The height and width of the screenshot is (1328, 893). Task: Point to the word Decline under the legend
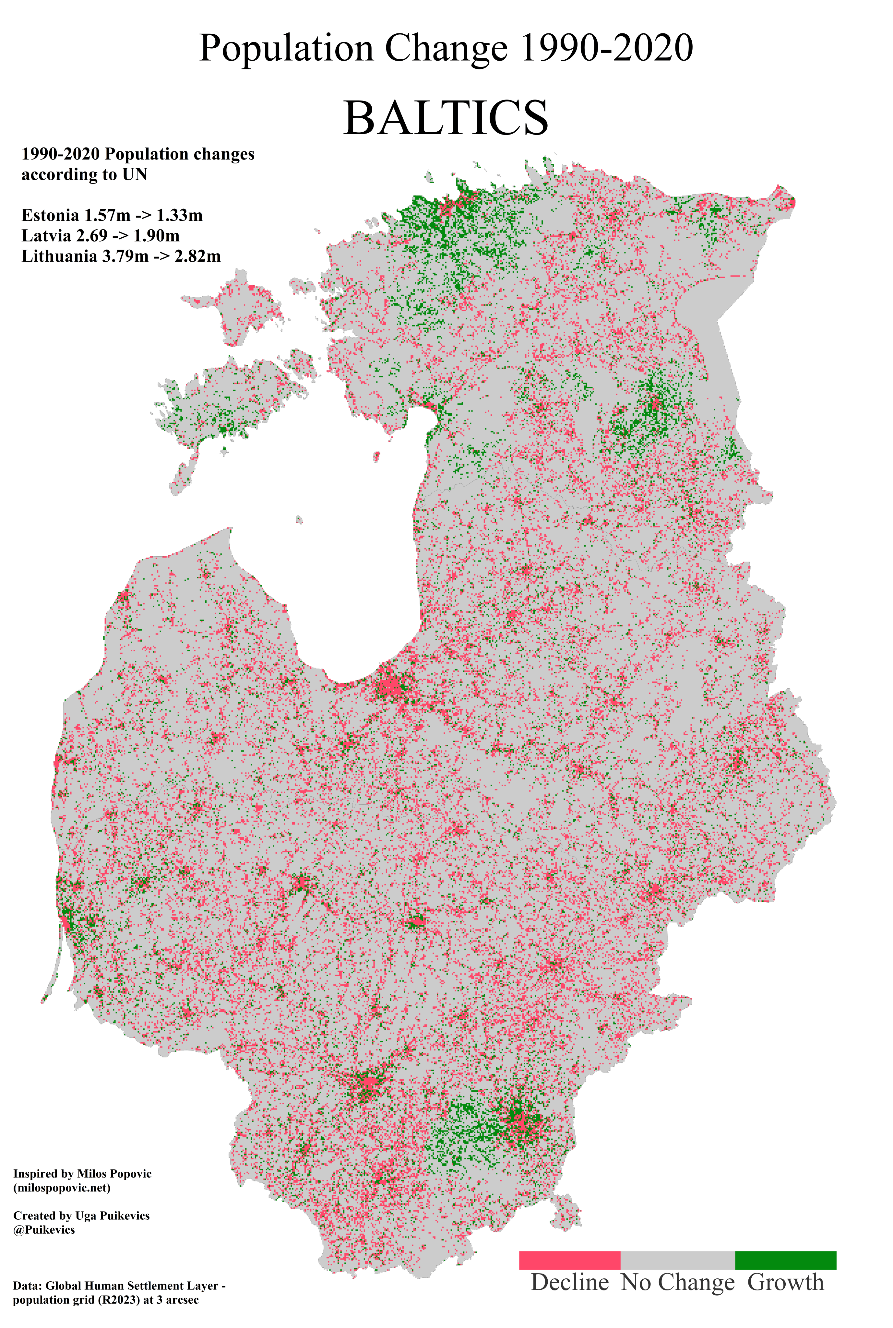[569, 1282]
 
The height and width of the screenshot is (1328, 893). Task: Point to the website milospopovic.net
[62, 1183]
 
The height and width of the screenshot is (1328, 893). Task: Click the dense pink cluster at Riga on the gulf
[392, 686]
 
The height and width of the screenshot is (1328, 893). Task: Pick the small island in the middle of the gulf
[376, 456]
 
